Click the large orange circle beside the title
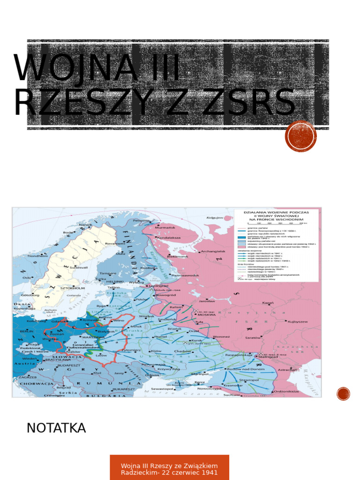(x=300, y=136)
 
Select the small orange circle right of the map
(x=343, y=394)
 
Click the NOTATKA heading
(x=56, y=428)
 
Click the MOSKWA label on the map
(x=207, y=315)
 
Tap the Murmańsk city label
(x=165, y=228)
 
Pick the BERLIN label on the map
(x=27, y=331)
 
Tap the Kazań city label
(x=268, y=303)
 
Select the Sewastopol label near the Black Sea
(x=163, y=389)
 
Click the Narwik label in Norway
(x=85, y=225)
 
